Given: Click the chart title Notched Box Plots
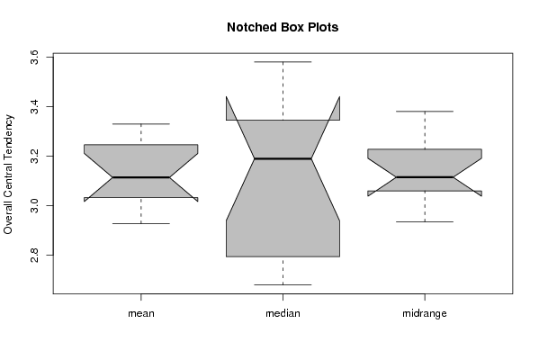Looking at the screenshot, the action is [x=283, y=28].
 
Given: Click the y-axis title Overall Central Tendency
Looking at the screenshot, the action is [x=8, y=175].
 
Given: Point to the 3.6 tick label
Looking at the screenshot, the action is [x=34, y=57].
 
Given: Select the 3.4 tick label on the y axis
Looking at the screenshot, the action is [x=34, y=106].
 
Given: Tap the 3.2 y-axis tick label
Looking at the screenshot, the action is [x=34, y=156].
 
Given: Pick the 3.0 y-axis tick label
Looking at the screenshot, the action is [x=34, y=205].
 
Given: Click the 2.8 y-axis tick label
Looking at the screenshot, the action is [x=34, y=255].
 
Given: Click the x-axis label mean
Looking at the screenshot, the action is [x=141, y=313].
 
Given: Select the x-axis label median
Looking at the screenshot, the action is [x=283, y=313].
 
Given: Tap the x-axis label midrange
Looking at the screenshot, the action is [x=425, y=313].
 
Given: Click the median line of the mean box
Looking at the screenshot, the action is [x=141, y=177].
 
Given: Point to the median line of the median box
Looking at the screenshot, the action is [x=283, y=158].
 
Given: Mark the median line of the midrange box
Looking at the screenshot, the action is [x=425, y=177].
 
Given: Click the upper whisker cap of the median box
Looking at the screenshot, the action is [x=283, y=62].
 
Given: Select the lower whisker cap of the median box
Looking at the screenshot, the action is [x=283, y=284].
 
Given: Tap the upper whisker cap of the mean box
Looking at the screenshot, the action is [x=141, y=124].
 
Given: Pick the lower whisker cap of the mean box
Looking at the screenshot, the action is [x=141, y=223].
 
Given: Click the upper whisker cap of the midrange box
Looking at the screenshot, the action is [x=425, y=112].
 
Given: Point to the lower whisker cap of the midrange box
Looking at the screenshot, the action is [x=425, y=221].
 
